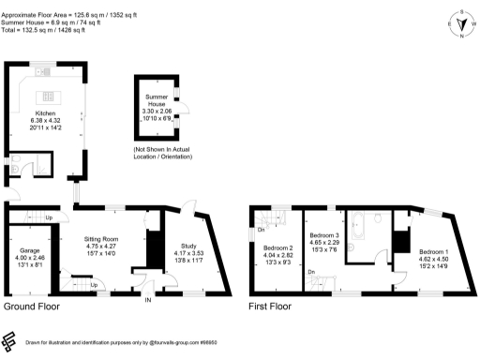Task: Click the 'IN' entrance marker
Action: click(x=147, y=300)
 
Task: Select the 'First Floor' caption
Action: click(x=269, y=307)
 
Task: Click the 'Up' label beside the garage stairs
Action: click(x=49, y=218)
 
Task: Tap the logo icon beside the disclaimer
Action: click(x=10, y=340)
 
